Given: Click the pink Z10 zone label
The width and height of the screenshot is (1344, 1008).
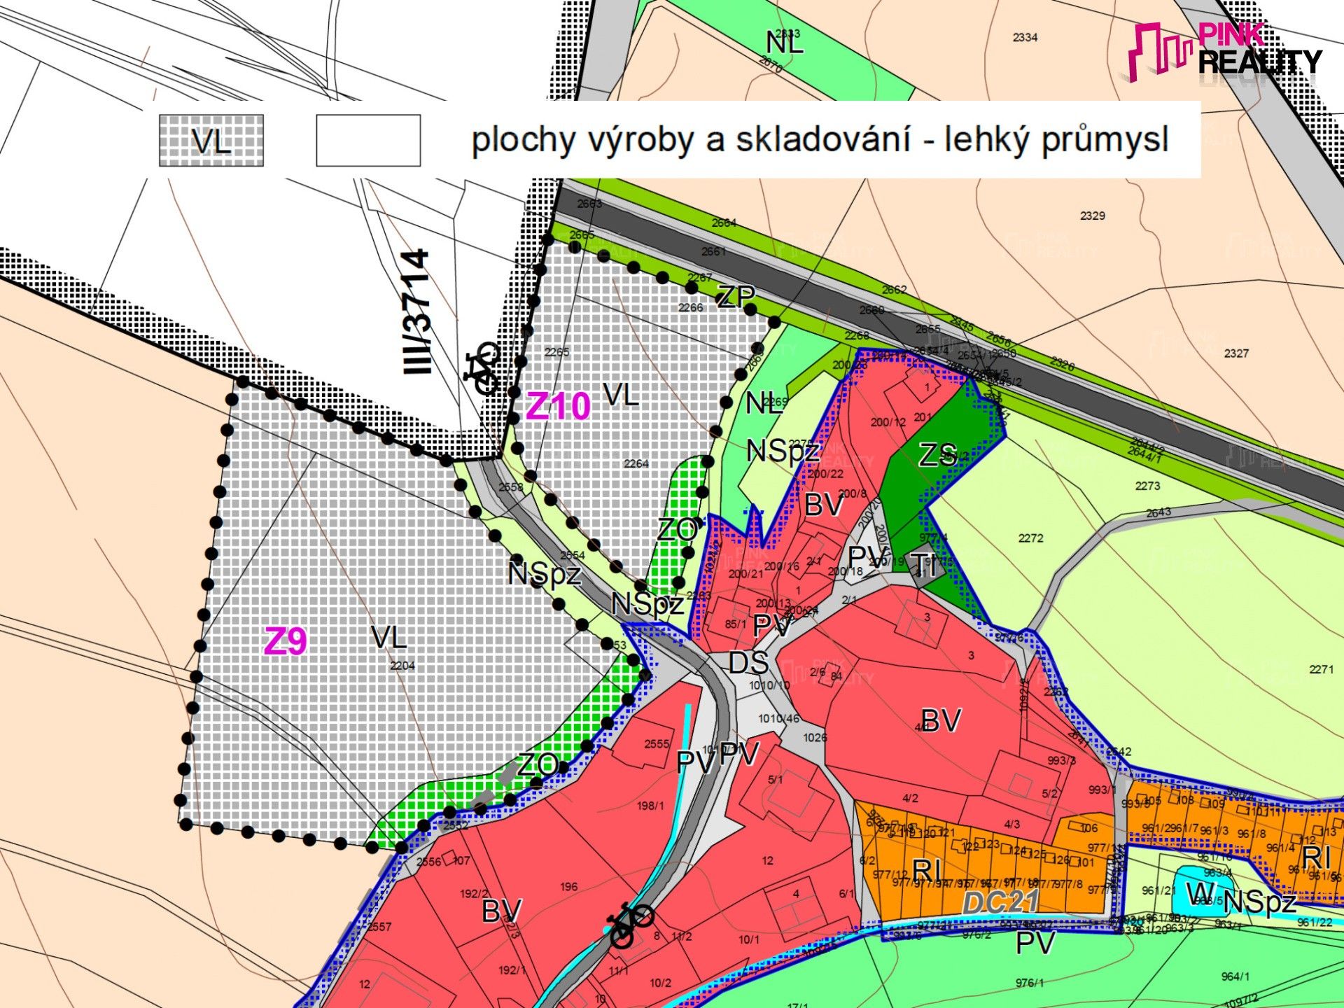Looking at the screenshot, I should point(558,406).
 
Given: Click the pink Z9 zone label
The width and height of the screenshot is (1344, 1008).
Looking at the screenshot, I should point(285,640).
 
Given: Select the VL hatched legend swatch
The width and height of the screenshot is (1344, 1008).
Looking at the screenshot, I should point(211,141).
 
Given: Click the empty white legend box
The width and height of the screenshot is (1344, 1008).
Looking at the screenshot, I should point(368,141).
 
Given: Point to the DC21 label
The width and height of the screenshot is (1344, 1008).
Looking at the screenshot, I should point(1000,902).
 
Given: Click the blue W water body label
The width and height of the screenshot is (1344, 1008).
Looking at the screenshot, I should point(1200,893).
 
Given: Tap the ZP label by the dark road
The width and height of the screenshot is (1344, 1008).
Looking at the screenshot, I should point(736,297).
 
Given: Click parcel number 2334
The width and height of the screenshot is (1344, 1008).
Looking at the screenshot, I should point(1025,37).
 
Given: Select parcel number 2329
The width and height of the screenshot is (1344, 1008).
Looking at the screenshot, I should point(1092,216).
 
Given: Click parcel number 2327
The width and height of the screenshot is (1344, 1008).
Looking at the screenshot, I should point(1236,353).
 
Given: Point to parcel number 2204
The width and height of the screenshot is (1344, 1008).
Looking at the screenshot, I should point(402,666).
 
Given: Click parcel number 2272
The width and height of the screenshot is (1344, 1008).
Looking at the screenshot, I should point(1030,538).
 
